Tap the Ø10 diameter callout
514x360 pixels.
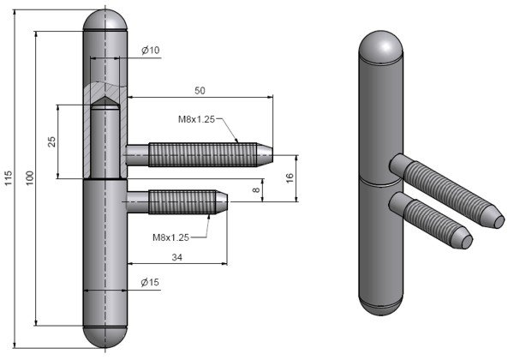(x=151, y=51)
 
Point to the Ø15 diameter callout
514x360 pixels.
(x=150, y=283)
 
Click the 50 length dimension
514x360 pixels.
(x=200, y=89)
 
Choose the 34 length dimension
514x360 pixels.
(x=176, y=255)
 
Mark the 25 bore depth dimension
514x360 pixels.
(x=52, y=141)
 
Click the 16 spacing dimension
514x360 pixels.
(x=289, y=177)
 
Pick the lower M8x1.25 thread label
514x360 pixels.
(x=171, y=237)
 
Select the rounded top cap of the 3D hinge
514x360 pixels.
(x=380, y=46)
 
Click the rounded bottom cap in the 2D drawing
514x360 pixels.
(x=106, y=336)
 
